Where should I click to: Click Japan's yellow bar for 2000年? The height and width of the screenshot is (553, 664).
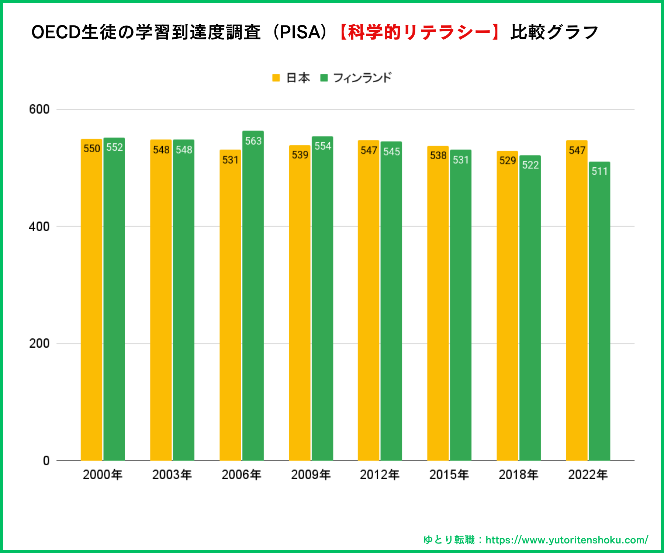[x=91, y=302]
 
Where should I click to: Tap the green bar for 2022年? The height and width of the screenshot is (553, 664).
[x=599, y=313]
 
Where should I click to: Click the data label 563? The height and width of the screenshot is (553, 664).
[x=253, y=141]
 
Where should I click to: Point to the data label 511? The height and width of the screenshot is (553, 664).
[x=599, y=171]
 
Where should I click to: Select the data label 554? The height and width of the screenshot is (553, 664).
[x=322, y=146]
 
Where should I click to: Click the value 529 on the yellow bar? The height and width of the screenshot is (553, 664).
[x=507, y=160]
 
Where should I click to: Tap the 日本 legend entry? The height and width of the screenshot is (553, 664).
[x=291, y=78]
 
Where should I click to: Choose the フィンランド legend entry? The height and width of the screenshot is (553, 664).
[x=356, y=78]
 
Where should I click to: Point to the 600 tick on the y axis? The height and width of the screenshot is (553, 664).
[x=39, y=109]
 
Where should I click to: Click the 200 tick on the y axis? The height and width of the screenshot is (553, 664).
[x=39, y=343]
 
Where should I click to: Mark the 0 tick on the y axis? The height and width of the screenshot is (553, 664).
[x=46, y=460]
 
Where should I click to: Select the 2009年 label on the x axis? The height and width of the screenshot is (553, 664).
[x=311, y=474]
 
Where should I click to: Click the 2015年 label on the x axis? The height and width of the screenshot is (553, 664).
[x=449, y=474]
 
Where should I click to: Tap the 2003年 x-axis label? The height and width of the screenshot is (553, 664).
[x=172, y=474]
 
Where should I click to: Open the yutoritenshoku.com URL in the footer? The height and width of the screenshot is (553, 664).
[x=567, y=540]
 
